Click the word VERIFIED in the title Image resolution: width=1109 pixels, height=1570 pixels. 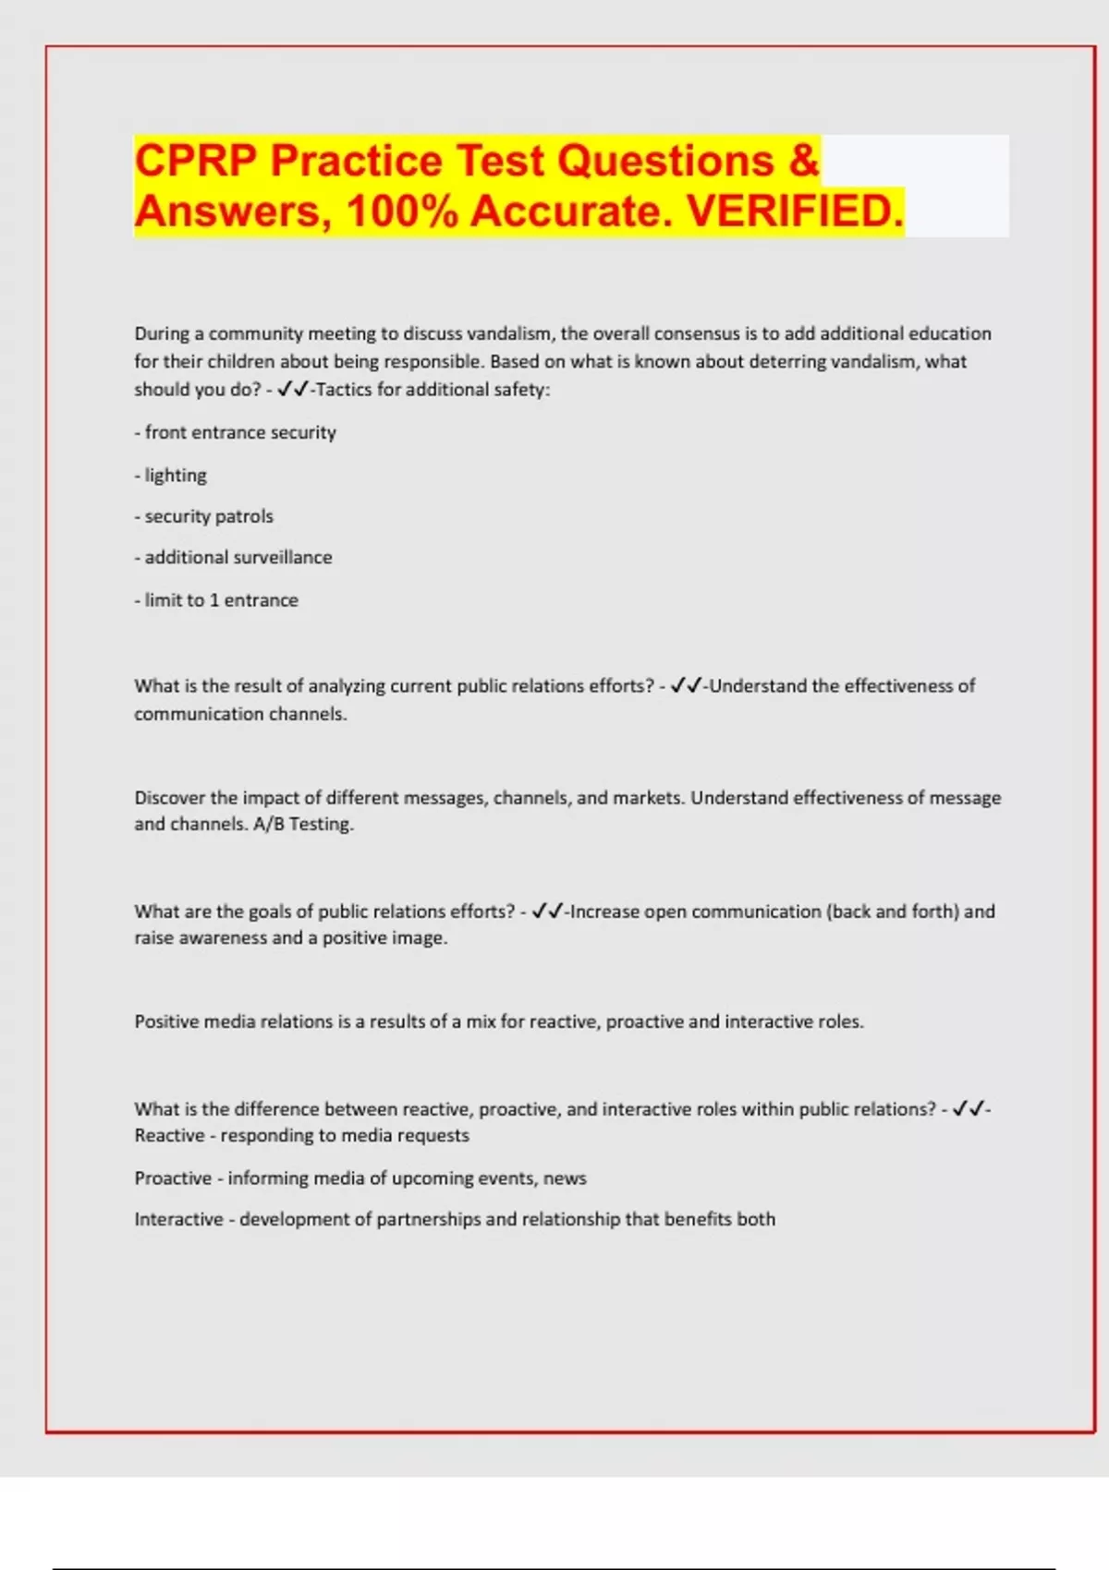(x=795, y=211)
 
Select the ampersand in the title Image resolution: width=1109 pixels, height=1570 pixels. (x=804, y=161)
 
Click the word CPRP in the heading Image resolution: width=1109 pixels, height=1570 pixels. (x=195, y=161)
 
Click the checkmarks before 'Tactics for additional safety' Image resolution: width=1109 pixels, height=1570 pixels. (x=293, y=390)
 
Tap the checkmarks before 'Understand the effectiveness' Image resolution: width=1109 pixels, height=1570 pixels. (x=687, y=686)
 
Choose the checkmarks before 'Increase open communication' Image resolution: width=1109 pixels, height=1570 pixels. (x=548, y=912)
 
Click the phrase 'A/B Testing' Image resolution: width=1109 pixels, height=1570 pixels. (x=302, y=824)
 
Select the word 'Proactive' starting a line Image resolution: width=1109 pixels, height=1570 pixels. (x=173, y=1178)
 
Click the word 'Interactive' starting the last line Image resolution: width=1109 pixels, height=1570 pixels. (x=178, y=1219)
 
